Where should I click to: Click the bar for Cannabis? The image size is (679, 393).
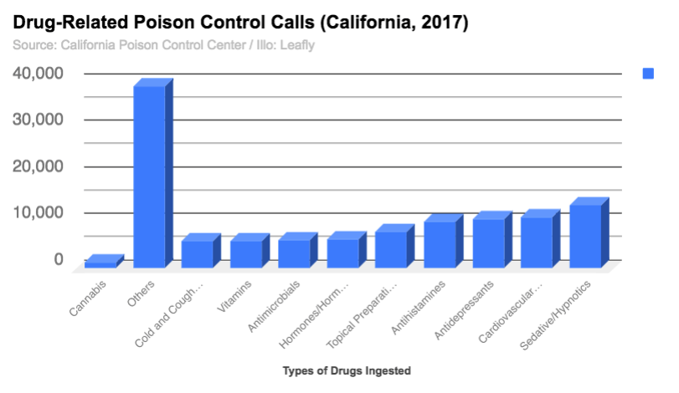click(100, 263)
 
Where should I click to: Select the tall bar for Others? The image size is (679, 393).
click(149, 176)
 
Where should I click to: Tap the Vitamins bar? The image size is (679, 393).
click(246, 253)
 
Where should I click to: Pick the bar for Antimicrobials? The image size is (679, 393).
click(295, 253)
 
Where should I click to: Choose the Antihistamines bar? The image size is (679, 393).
click(440, 244)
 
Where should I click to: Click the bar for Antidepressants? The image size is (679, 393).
click(489, 242)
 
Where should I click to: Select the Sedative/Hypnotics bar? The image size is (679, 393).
click(586, 236)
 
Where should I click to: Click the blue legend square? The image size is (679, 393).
click(648, 74)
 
